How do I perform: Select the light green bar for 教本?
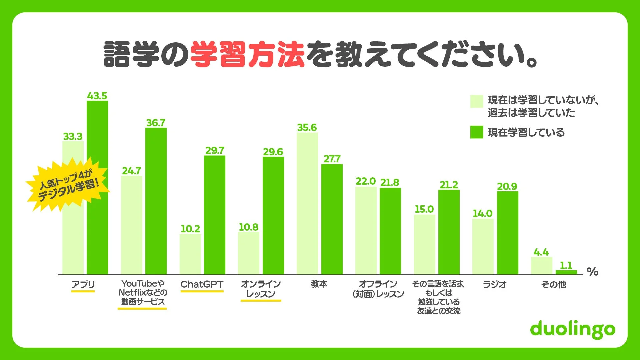[307, 203]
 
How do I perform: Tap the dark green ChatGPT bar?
[214, 215]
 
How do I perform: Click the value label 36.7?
[156, 123]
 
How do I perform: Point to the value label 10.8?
[248, 227]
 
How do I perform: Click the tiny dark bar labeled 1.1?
[566, 272]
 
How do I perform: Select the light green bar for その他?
[541, 266]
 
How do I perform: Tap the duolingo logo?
[572, 329]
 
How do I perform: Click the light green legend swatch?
[476, 101]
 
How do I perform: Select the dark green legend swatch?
[476, 132]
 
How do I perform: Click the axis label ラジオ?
[495, 285]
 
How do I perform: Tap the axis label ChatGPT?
[202, 284]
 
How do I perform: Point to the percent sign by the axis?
[592, 272]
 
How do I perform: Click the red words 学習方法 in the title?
[247, 55]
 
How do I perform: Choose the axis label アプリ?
[83, 285]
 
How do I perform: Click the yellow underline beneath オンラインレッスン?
[261, 301]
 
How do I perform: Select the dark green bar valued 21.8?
[390, 231]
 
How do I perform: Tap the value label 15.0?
[424, 209]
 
